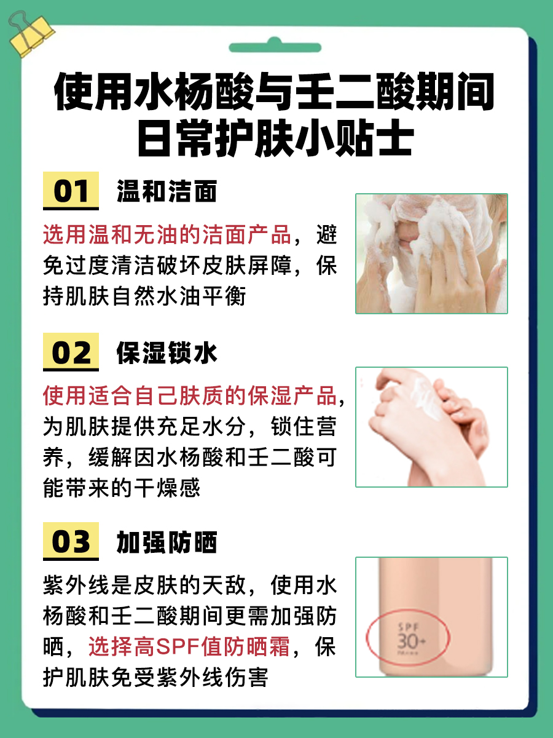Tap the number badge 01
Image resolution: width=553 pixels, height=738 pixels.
(x=71, y=191)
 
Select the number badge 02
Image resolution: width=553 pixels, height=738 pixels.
(x=71, y=352)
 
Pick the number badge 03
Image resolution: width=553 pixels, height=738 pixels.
(x=71, y=542)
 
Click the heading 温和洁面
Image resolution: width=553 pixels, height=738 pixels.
(x=167, y=191)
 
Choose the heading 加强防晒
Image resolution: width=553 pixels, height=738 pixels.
(x=167, y=542)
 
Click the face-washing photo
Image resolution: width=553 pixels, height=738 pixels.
(x=431, y=253)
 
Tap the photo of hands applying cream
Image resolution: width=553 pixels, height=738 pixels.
(x=431, y=427)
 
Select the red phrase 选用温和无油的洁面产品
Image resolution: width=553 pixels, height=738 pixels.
(x=167, y=235)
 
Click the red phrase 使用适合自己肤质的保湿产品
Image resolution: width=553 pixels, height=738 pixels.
(x=190, y=396)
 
